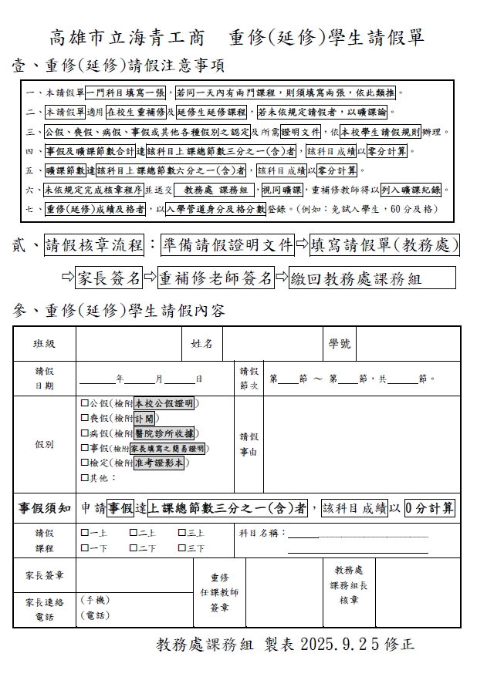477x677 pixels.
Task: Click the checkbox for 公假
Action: click(x=85, y=402)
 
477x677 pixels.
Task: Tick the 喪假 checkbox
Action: click(x=85, y=418)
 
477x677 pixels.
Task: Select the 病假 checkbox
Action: click(x=85, y=433)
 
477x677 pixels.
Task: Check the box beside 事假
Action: click(x=85, y=448)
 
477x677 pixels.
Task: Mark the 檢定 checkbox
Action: click(x=85, y=463)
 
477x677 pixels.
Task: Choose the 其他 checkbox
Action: click(x=85, y=478)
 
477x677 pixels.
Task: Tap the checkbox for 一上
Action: click(x=85, y=532)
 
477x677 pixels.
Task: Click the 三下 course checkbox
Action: click(x=182, y=548)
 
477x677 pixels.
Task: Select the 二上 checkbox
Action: click(x=134, y=532)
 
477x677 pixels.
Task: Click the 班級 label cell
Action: click(x=44, y=343)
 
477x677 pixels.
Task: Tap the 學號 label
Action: click(x=340, y=343)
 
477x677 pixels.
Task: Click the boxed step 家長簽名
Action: click(x=111, y=278)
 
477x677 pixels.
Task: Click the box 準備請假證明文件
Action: click(x=228, y=246)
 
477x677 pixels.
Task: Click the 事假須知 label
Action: click(x=45, y=508)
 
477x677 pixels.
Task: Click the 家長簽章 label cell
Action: click(x=44, y=575)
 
